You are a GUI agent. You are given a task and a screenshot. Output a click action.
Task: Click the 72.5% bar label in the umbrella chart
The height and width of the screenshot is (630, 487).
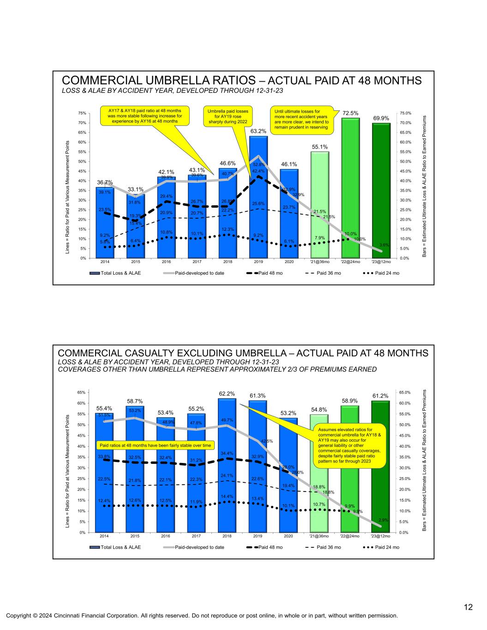[x=351, y=113]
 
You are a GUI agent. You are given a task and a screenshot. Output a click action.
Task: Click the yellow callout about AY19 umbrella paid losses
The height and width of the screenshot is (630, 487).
[x=228, y=117]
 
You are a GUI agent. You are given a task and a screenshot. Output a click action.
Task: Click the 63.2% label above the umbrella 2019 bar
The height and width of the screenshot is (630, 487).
[x=259, y=132]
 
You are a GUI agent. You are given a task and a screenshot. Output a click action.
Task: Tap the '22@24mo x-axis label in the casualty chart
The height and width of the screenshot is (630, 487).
[x=350, y=536]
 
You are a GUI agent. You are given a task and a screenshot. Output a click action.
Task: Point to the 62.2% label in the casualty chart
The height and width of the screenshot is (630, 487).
[x=227, y=394]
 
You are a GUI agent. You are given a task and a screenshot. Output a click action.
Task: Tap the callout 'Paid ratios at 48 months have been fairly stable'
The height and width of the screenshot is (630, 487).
[x=156, y=445]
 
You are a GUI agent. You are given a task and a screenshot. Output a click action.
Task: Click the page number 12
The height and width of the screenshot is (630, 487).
[x=468, y=607]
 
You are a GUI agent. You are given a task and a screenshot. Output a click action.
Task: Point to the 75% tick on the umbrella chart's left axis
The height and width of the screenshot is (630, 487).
[x=84, y=113]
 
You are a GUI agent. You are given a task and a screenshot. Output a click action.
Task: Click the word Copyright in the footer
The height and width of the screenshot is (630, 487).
[x=18, y=616]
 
